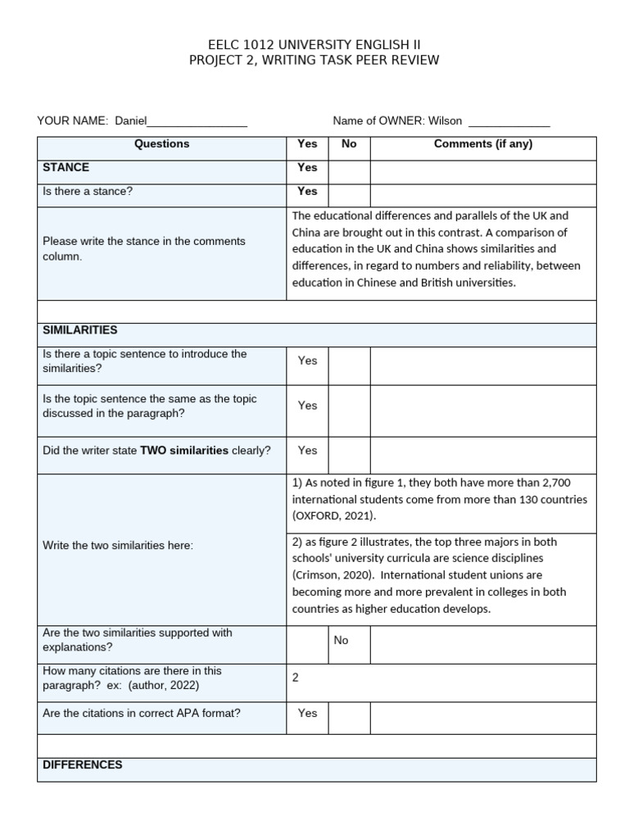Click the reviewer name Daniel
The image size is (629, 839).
click(x=130, y=121)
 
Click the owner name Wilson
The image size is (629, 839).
click(x=445, y=121)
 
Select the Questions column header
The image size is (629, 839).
click(x=161, y=144)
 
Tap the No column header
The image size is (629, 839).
click(x=349, y=144)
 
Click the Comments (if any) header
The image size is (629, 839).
click(x=482, y=144)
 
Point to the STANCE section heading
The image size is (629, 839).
click(x=66, y=167)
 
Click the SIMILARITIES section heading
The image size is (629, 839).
click(x=80, y=330)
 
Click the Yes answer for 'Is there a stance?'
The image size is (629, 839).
click(x=307, y=192)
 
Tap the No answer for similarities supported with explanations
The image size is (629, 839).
click(x=341, y=640)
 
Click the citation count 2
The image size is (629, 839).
click(x=296, y=678)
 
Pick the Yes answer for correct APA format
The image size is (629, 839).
click(x=307, y=714)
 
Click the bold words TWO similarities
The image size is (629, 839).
click(x=184, y=451)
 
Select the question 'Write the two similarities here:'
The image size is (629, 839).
click(x=118, y=546)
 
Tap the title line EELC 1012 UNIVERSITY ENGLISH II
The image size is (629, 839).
click(x=314, y=44)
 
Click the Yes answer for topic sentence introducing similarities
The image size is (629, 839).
click(x=307, y=361)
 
